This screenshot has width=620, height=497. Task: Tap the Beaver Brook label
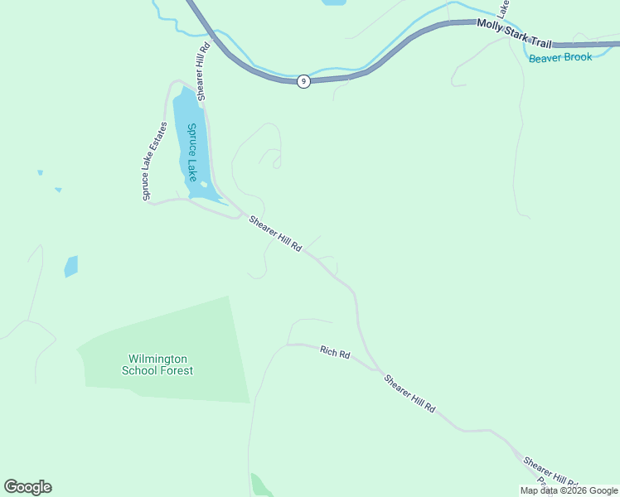point(561,57)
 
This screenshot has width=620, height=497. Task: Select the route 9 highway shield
point(304,81)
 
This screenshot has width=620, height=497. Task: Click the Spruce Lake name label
point(191,152)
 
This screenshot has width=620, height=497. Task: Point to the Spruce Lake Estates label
point(154,161)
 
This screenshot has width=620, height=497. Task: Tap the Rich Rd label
point(335,352)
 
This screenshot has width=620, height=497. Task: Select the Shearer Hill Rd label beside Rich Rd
point(409,393)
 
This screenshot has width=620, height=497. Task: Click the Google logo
point(27,487)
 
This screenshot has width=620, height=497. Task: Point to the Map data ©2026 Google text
point(569,490)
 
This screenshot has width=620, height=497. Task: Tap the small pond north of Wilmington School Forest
point(71,266)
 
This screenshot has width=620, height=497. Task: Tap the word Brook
point(578,57)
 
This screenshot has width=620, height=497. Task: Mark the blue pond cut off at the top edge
point(333,2)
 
